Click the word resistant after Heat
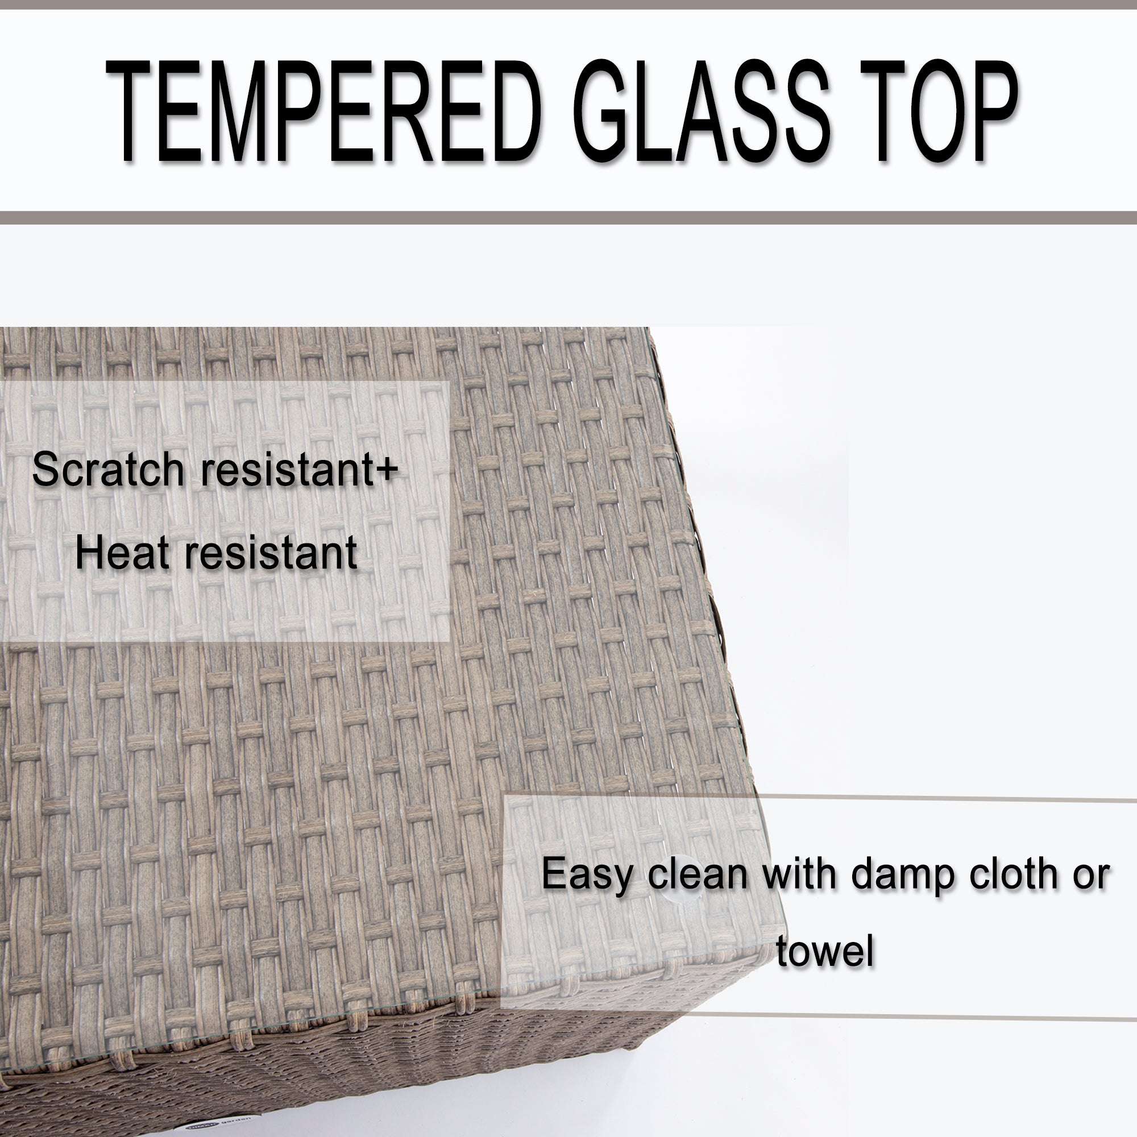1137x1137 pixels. pos(271,553)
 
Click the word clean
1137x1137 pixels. pos(698,874)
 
